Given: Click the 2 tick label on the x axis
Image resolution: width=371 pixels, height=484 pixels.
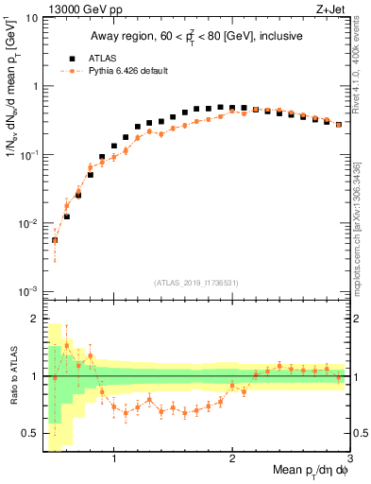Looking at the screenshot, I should click(232, 458).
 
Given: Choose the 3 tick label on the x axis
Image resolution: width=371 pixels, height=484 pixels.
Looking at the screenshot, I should click(350, 458).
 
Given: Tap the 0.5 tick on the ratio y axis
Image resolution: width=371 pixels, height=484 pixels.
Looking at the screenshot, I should click(28, 433).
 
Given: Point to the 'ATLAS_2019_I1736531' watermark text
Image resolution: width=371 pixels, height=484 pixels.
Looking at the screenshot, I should click(197, 284).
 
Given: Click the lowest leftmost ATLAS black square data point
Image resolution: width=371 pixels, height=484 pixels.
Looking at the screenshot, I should click(55, 240).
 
